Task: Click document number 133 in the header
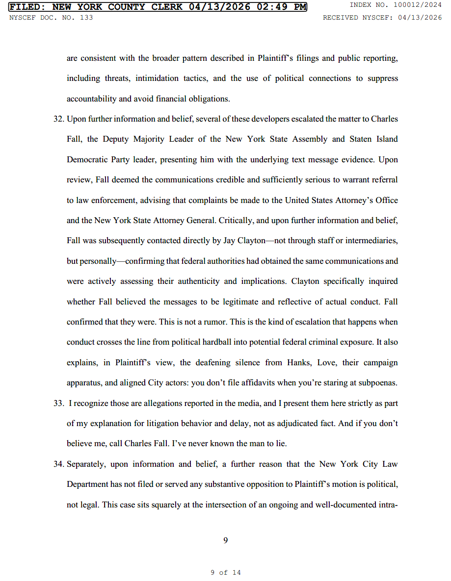(x=86, y=18)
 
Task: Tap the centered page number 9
(x=225, y=540)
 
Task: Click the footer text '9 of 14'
(x=225, y=572)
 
